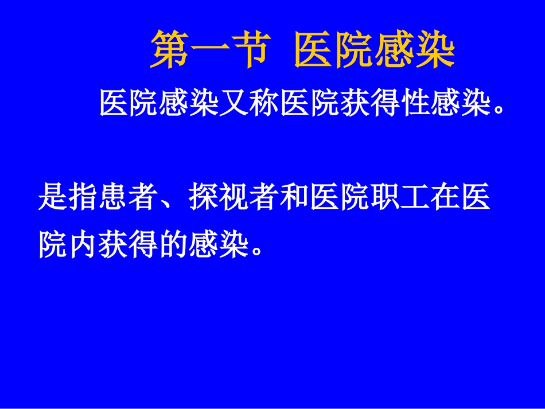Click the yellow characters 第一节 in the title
click(x=210, y=50)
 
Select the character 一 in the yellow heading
click(x=210, y=50)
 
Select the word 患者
click(x=128, y=198)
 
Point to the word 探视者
click(x=233, y=198)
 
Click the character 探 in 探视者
click(x=203, y=198)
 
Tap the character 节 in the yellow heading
click(x=250, y=50)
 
